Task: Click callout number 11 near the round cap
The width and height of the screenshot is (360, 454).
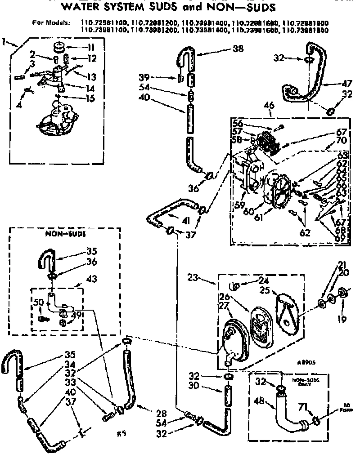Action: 90,47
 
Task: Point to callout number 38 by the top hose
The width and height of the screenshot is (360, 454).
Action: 238,50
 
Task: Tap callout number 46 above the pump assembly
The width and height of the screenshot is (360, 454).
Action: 269,106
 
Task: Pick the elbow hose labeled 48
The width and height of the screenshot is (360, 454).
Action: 288,416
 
